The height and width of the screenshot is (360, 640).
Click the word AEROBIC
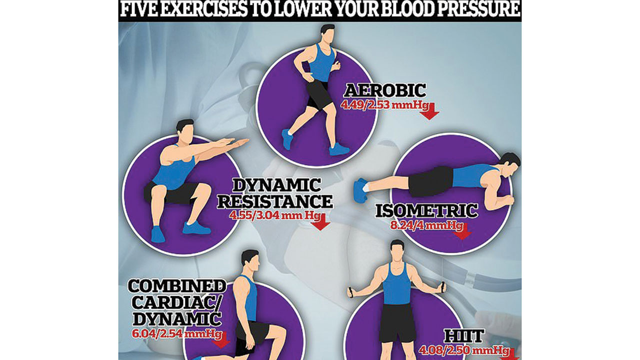(x=385, y=91)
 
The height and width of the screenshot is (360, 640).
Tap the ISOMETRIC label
(x=426, y=211)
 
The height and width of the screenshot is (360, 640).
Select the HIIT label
(x=464, y=336)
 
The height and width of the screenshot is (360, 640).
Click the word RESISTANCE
(x=275, y=201)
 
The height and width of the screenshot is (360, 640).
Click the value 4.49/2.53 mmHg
(x=384, y=105)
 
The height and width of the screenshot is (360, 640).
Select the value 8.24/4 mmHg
(x=426, y=225)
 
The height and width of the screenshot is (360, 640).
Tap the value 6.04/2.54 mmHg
(x=177, y=333)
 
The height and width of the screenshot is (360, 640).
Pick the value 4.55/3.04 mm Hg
(x=274, y=215)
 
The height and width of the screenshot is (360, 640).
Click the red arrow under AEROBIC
(x=429, y=111)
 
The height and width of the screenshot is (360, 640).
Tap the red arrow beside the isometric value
(x=462, y=231)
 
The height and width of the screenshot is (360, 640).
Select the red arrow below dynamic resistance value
(x=320, y=222)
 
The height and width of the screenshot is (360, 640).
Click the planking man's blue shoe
(x=360, y=190)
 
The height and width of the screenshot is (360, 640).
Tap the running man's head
(x=327, y=32)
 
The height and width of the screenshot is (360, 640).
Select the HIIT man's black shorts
(x=398, y=322)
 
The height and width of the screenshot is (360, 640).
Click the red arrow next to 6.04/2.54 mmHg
(x=221, y=340)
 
